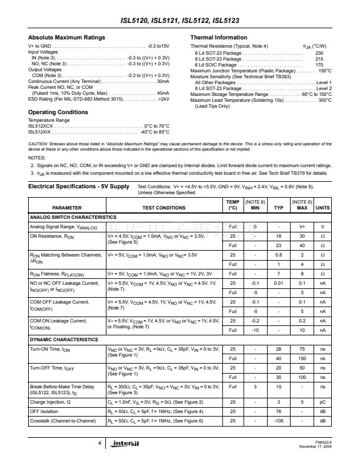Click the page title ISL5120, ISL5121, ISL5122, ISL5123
(179, 21)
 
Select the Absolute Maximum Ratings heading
(66, 38)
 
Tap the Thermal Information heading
(218, 38)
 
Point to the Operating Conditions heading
(58, 112)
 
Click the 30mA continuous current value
(163, 81)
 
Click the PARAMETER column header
(67, 208)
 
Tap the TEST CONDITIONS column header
(164, 208)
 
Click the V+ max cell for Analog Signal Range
(302, 227)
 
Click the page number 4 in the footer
(100, 442)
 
